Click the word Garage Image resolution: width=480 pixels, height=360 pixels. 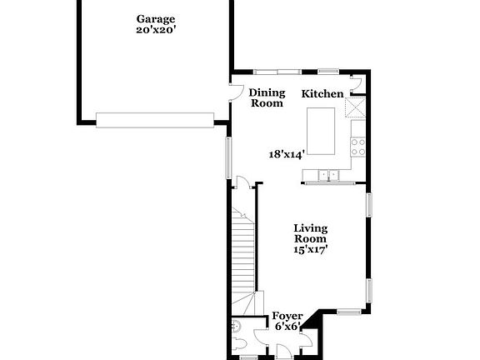pyautogui.click(x=156, y=18)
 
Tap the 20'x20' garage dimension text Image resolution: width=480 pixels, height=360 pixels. pyautogui.click(x=156, y=31)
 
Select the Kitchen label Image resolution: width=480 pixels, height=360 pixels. pyautogui.click(x=322, y=94)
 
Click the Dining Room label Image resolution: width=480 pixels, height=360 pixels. pyautogui.click(x=267, y=97)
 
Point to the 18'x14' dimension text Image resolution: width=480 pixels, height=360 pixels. pyautogui.click(x=286, y=153)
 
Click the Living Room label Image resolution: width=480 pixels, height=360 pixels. pyautogui.click(x=310, y=234)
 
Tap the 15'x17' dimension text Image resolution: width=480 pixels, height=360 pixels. pyautogui.click(x=310, y=248)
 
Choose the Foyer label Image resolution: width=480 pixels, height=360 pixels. pyautogui.click(x=288, y=317)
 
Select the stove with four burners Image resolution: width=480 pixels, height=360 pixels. pyautogui.click(x=359, y=147)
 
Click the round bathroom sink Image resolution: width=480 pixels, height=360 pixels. pyautogui.click(x=236, y=326)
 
